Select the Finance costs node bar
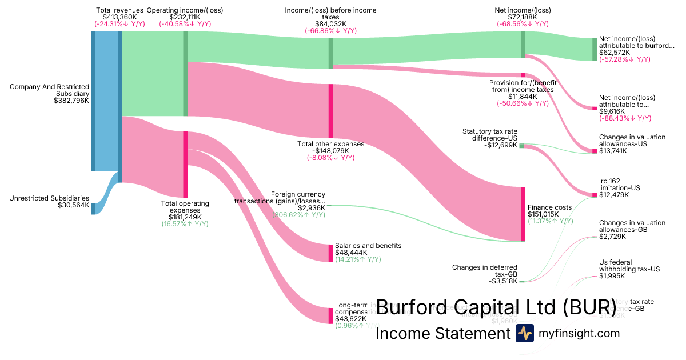point(523,214)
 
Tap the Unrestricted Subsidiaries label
point(49,198)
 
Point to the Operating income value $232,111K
point(185,17)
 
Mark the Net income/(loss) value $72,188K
point(523,17)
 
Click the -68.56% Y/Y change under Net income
point(523,24)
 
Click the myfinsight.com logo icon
point(524,333)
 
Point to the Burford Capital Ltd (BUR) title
point(496,306)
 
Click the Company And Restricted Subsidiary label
point(49,90)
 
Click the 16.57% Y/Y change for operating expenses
point(185,224)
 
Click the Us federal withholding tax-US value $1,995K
point(612,277)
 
